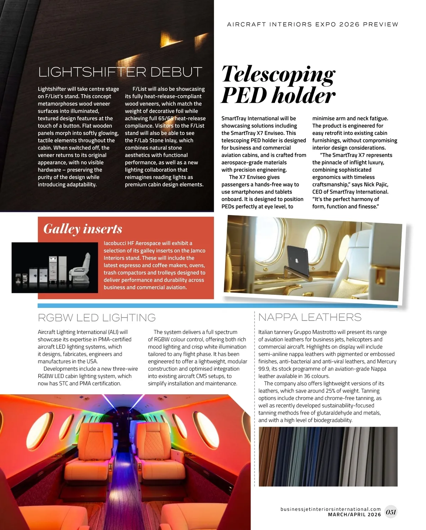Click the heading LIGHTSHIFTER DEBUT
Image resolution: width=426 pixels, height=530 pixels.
click(120, 72)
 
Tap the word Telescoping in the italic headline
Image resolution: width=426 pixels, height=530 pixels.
click(278, 75)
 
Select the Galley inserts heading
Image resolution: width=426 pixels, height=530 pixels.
click(83, 229)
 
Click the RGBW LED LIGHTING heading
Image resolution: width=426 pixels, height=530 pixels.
click(97, 318)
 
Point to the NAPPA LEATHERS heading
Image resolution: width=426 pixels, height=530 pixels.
click(310, 317)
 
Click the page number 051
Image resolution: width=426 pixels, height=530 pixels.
click(391, 512)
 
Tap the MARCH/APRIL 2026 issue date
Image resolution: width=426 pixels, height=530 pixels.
click(354, 514)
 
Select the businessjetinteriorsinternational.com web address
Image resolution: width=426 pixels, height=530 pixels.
click(331, 509)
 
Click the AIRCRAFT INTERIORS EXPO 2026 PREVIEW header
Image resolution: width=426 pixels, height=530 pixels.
click(312, 25)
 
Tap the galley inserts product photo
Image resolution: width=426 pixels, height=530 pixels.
click(55, 267)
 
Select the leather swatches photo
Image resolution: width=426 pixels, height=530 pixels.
click(328, 456)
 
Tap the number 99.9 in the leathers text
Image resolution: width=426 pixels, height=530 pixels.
click(264, 369)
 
